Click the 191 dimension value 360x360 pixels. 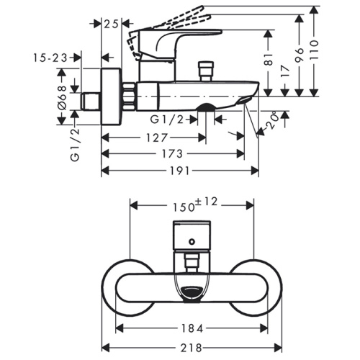click(x=180, y=171)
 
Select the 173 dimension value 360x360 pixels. click(x=172, y=153)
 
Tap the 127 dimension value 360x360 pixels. click(x=156, y=138)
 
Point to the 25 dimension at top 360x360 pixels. click(x=112, y=24)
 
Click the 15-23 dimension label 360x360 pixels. click(x=50, y=58)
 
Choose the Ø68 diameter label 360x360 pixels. click(x=62, y=98)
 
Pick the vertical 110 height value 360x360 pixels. click(x=314, y=50)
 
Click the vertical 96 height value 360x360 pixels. click(x=299, y=55)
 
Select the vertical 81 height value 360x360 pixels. click(x=269, y=59)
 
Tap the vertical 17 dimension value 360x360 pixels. click(x=285, y=71)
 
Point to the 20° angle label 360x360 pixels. click(x=272, y=121)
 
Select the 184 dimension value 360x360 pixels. click(x=192, y=328)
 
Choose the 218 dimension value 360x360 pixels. click(x=191, y=348)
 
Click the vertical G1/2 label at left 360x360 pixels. click(x=75, y=145)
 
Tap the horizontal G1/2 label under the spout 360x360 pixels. click(x=167, y=120)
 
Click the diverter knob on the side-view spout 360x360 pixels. click(x=206, y=71)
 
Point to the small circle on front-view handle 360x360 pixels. click(x=192, y=242)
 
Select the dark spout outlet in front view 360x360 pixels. click(x=192, y=292)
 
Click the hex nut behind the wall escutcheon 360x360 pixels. click(x=129, y=96)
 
